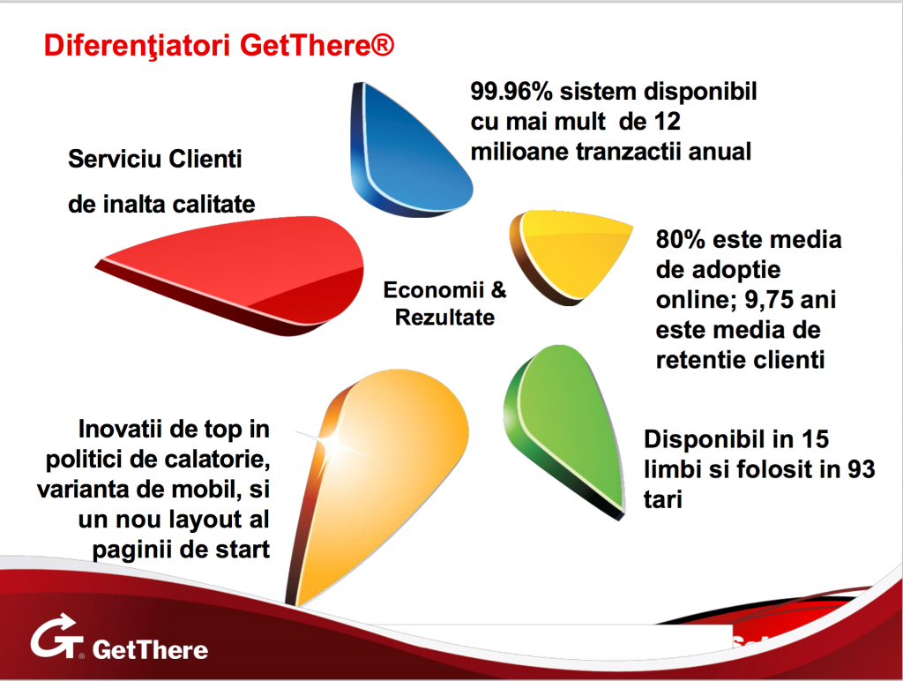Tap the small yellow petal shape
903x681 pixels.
click(x=571, y=253)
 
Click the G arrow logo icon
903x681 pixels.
click(x=56, y=637)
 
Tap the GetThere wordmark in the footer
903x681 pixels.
click(x=150, y=649)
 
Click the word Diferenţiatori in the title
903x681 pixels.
click(x=137, y=46)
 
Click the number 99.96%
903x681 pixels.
click(x=511, y=92)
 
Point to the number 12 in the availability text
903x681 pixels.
click(x=667, y=122)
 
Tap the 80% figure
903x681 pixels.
click(x=680, y=240)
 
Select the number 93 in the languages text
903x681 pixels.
click(x=861, y=469)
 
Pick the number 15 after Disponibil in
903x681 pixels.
click(x=815, y=439)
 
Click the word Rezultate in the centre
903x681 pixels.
click(x=444, y=318)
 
